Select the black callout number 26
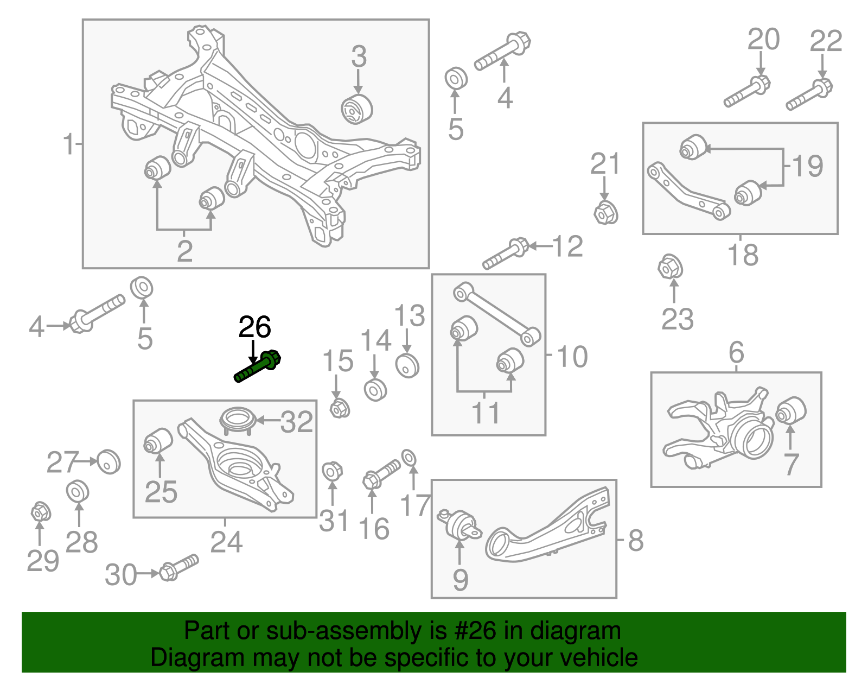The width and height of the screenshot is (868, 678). click(x=254, y=327)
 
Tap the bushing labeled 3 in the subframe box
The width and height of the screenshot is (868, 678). click(x=356, y=109)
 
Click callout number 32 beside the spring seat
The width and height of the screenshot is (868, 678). click(x=297, y=422)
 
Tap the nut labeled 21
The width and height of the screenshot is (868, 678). click(x=605, y=213)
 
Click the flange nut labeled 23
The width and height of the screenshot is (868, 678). click(x=669, y=267)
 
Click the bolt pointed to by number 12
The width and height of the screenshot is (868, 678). click(x=505, y=255)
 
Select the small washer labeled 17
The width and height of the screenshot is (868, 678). click(x=409, y=458)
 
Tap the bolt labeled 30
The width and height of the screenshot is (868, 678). click(x=179, y=567)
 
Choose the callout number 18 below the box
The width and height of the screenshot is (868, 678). click(x=743, y=255)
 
